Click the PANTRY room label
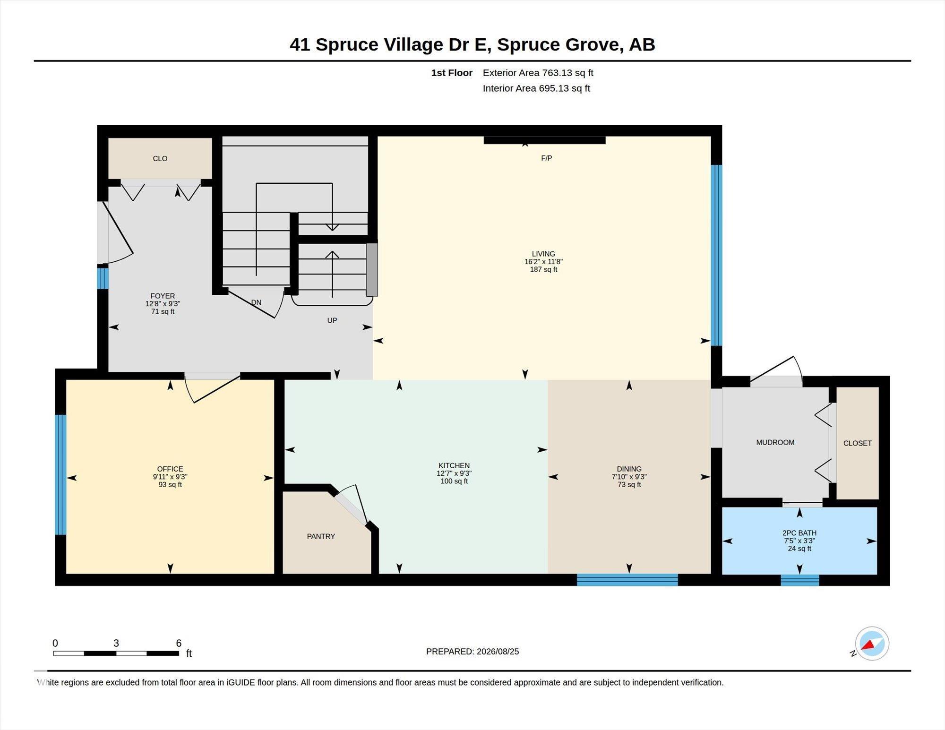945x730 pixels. coord(321,536)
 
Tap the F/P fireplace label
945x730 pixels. coord(546,158)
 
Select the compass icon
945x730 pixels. coord(872,644)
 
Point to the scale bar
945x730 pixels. coord(116,653)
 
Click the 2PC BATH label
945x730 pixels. coord(799,533)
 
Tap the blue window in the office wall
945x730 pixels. coord(60,474)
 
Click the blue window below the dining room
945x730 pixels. coord(627,580)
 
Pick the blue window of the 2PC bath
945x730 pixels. coord(800,580)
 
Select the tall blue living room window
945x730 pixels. coord(717,255)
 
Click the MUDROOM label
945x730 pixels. coord(775,442)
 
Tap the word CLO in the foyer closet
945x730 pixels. coord(160,158)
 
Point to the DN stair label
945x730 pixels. coord(256,302)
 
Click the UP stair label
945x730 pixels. coord(332,320)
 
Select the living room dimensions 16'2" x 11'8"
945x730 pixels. coord(543,262)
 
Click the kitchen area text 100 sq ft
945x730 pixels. coord(454,481)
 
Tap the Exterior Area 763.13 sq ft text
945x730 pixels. coord(538,73)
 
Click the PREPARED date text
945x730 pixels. coord(472,652)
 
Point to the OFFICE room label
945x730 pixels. coord(170,469)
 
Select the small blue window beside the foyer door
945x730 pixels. coord(103,278)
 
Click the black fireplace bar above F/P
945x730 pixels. coord(544,140)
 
